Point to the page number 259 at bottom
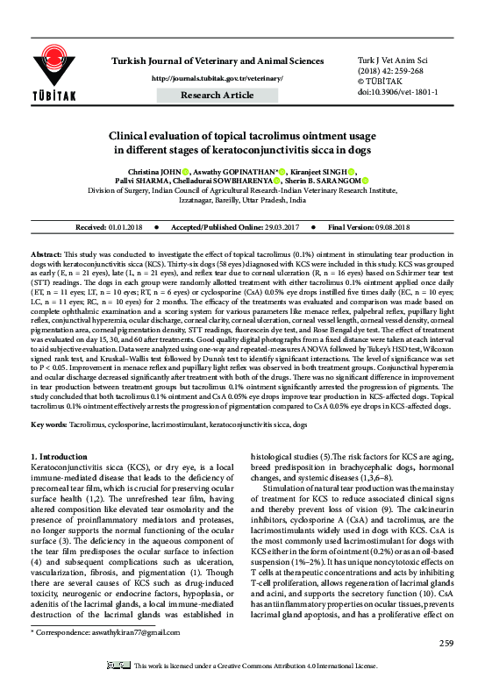click(446, 645)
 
